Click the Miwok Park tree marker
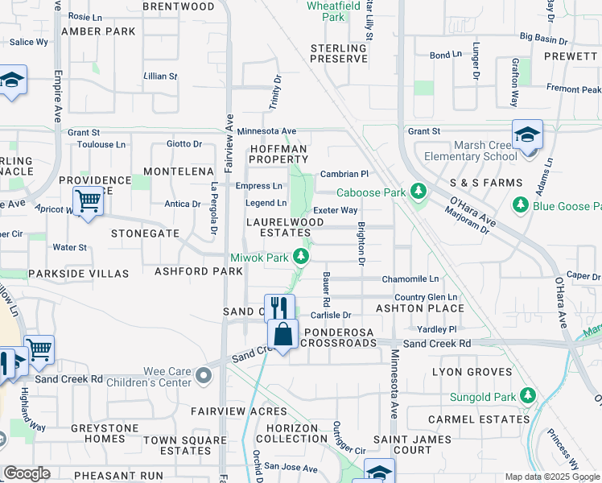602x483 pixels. pos(300,257)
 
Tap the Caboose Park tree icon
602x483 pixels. pos(417,192)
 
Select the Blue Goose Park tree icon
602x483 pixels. pos(521,205)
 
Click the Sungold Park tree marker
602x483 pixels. pos(527,395)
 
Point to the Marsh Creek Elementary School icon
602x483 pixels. pos(527,134)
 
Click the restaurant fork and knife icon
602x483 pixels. pos(279,308)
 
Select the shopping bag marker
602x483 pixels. pos(283,333)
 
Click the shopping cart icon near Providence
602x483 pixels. pos(88,200)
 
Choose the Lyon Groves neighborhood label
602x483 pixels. pos(472,372)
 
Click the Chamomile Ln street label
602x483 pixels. pos(410,279)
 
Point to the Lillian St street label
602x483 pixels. pos(160,76)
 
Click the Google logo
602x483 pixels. pos(27,473)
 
